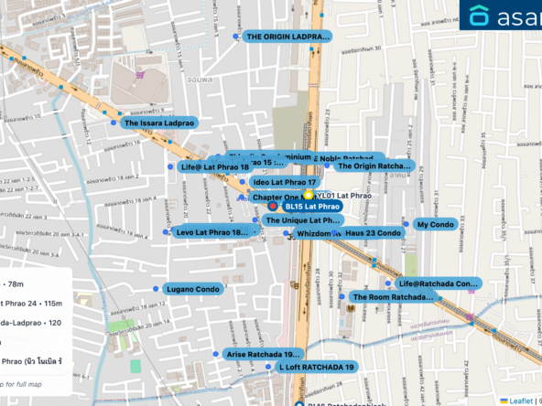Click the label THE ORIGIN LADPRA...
point(287,37)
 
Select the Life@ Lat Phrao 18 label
point(215,167)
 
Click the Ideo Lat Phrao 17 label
point(284,183)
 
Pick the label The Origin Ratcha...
point(374,166)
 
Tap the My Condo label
point(435,224)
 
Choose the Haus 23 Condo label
point(373,233)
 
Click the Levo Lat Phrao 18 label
point(211,232)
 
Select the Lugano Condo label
point(192,289)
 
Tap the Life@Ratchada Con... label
point(439,283)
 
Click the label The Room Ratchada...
point(393,297)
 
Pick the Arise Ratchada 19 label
point(262,354)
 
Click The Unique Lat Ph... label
point(302,220)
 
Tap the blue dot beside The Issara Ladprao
point(114,122)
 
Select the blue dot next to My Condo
point(406,224)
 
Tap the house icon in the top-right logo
point(480,16)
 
